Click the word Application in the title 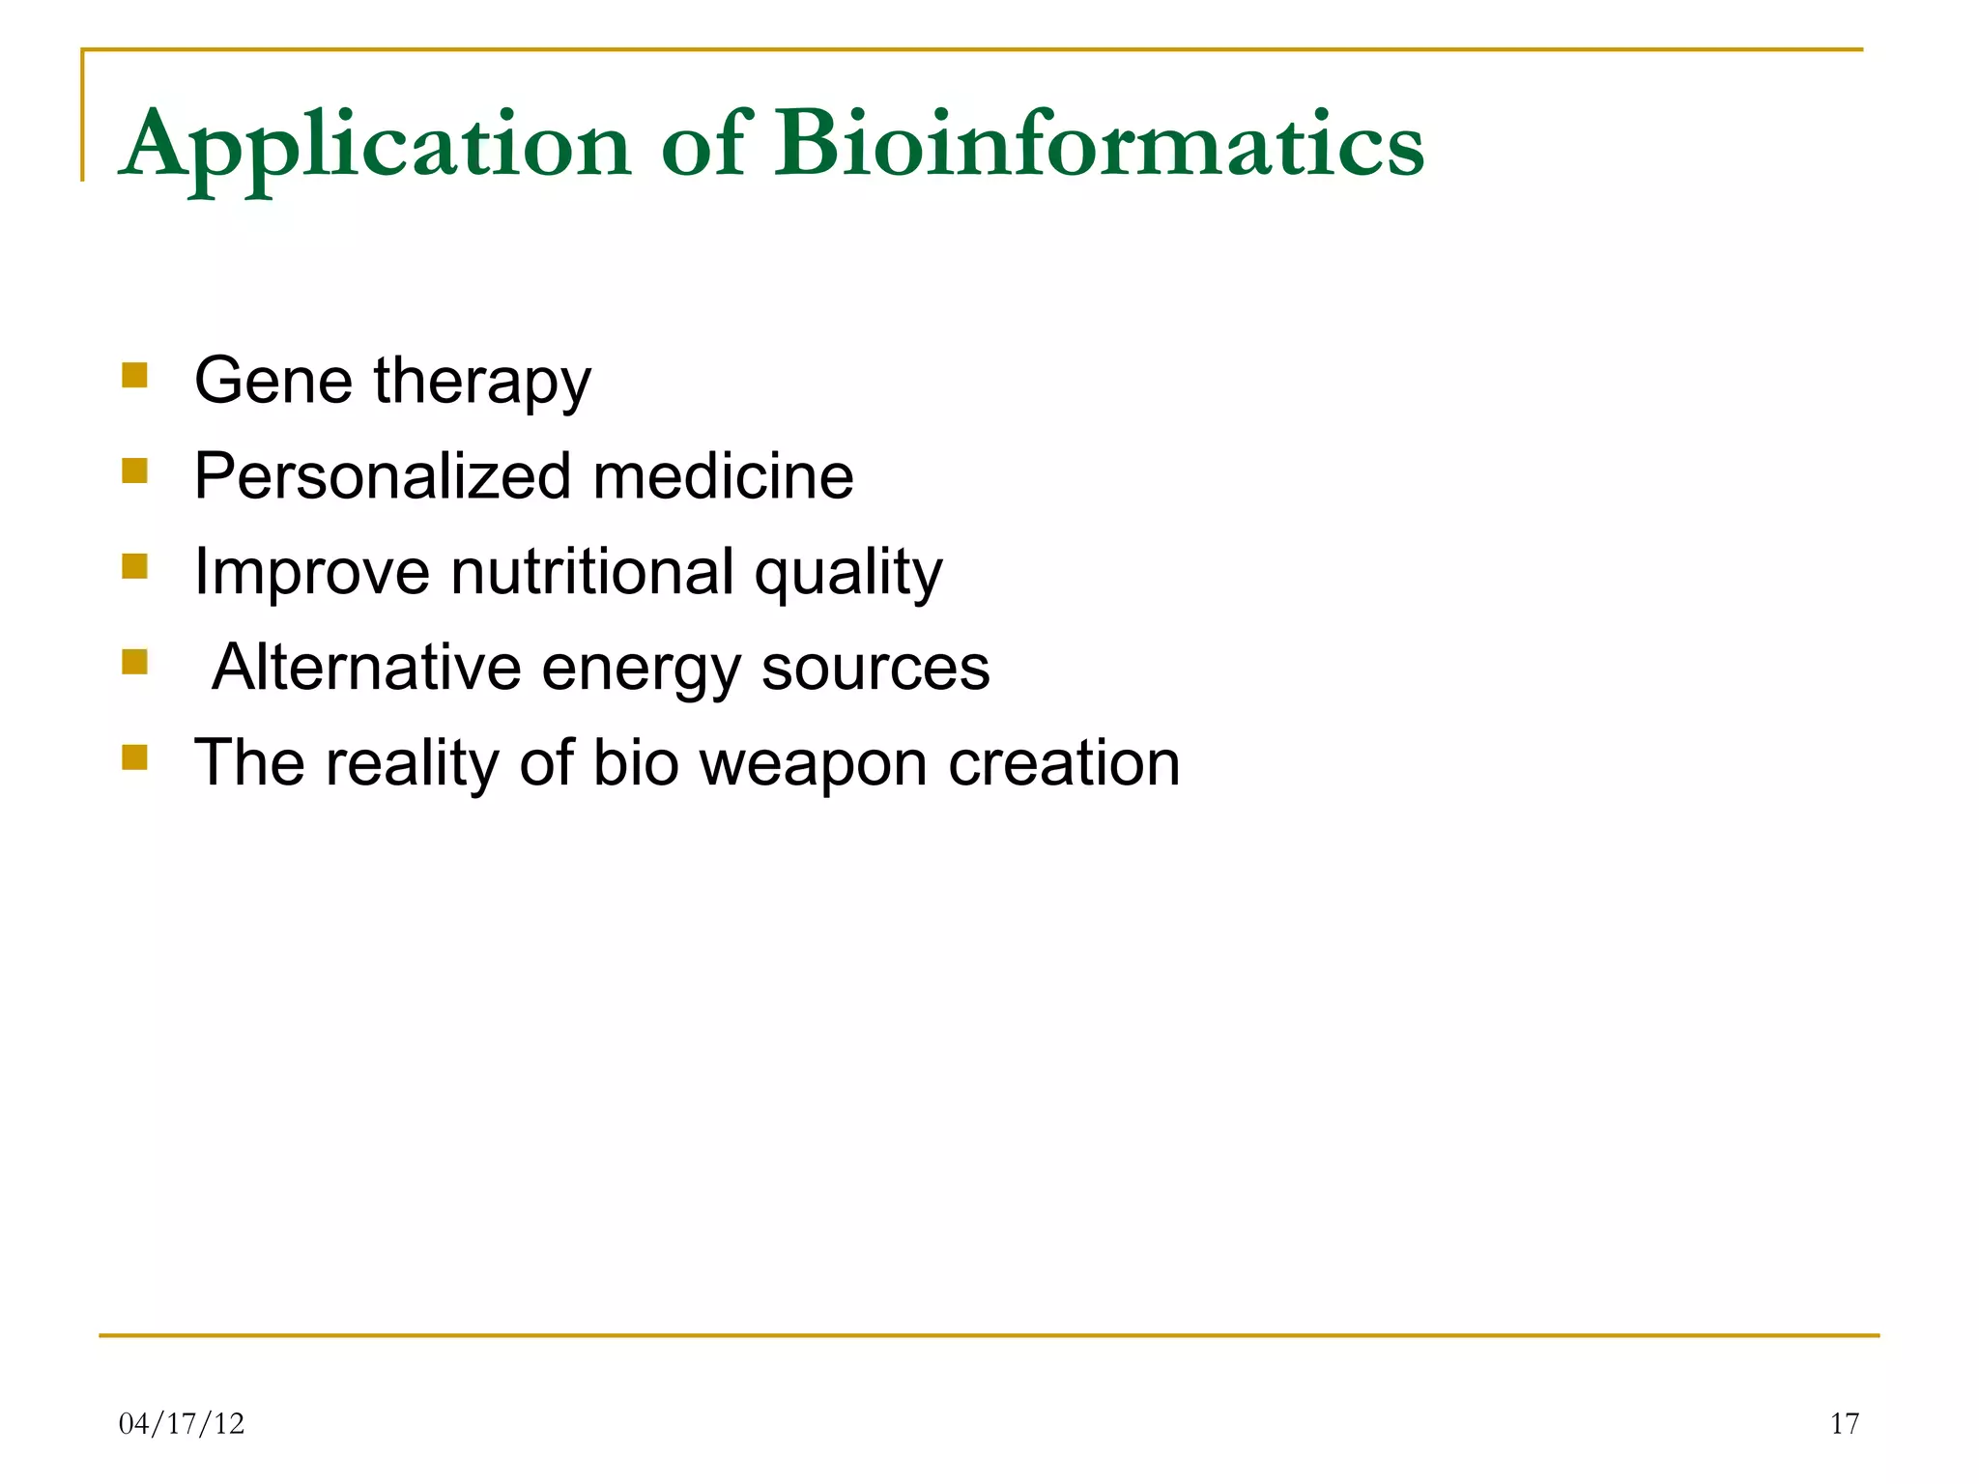coord(377,147)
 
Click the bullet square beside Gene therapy coord(134,375)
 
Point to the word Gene coord(273,380)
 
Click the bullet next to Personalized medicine coord(134,471)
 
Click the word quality coord(848,573)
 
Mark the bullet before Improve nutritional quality coord(134,565)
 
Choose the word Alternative coord(366,667)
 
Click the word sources coord(875,668)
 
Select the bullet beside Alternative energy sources coord(134,662)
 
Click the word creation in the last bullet coord(1064,762)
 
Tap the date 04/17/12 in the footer coord(182,1423)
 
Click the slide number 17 coord(1844,1423)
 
